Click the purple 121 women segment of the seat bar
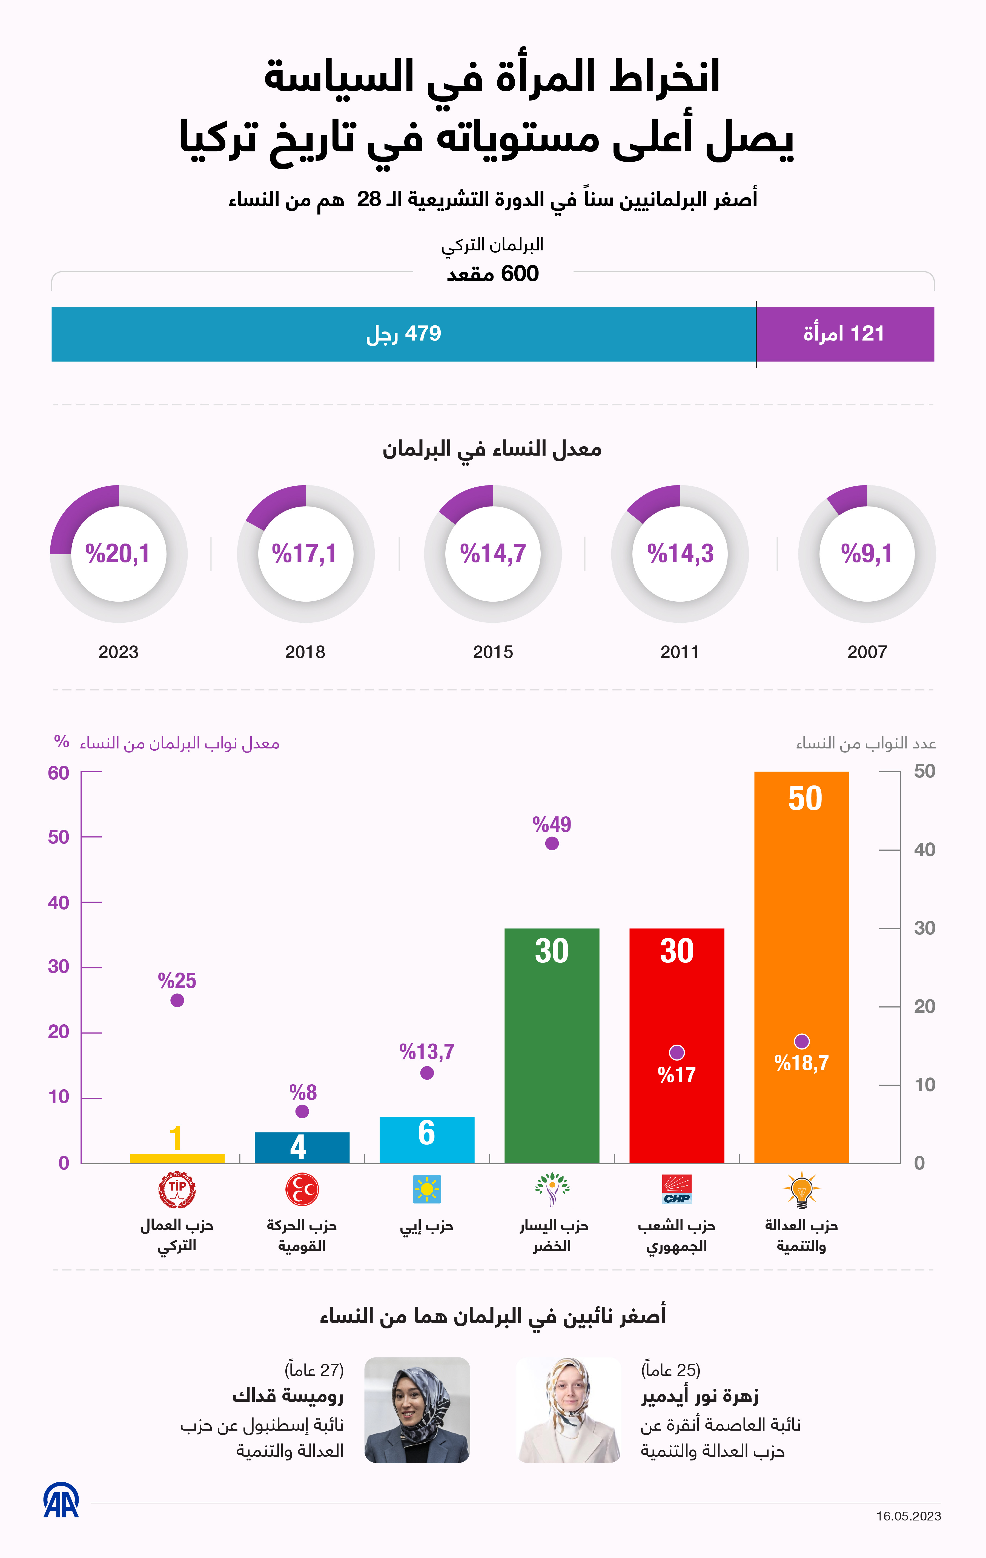[x=844, y=334]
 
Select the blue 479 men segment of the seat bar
[x=403, y=334]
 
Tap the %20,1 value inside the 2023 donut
[x=118, y=554]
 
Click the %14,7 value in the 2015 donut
[x=493, y=554]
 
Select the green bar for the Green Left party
[x=552, y=1048]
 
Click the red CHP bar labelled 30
[x=677, y=1009]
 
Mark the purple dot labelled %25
[x=177, y=1000]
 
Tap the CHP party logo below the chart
[x=677, y=1189]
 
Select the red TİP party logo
[x=177, y=1189]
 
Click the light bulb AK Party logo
[x=802, y=1189]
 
